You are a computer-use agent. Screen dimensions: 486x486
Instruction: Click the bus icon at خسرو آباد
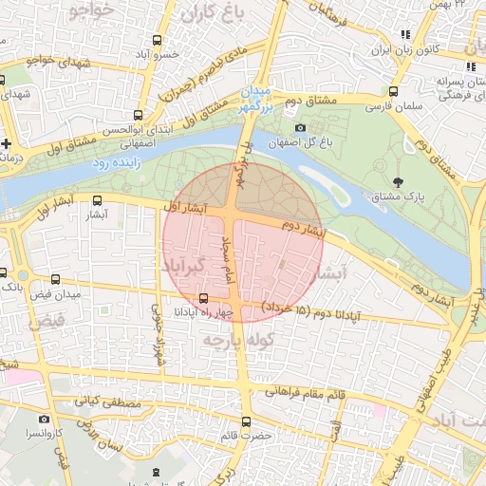point(158,41)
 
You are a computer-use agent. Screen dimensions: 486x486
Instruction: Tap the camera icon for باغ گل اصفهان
point(300,128)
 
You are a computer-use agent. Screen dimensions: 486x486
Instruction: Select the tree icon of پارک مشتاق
point(396,180)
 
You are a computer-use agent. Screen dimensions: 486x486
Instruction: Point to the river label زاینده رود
point(117,163)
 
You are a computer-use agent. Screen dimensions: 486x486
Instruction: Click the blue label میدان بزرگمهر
point(255,100)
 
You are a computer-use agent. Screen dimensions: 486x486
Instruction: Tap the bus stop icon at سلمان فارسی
point(394,92)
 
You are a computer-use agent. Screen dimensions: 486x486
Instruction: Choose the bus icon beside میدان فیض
point(55,280)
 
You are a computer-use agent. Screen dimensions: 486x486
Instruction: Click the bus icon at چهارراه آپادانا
point(203,298)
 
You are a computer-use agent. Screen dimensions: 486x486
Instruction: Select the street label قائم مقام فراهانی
point(305,390)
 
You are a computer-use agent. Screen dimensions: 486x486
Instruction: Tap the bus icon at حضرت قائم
point(247,421)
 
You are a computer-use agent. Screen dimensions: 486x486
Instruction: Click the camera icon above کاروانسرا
point(44,419)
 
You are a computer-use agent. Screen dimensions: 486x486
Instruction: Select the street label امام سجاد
point(228,267)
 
